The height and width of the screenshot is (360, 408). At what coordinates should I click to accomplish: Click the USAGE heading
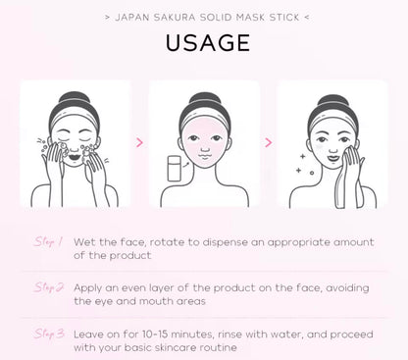(x=204, y=45)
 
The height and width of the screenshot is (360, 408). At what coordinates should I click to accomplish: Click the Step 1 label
(x=49, y=241)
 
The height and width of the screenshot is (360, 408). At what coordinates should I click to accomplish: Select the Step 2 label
(x=49, y=287)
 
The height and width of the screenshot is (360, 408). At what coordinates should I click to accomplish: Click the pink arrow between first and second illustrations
(x=138, y=142)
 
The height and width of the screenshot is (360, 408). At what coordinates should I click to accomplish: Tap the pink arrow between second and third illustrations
(x=267, y=142)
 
